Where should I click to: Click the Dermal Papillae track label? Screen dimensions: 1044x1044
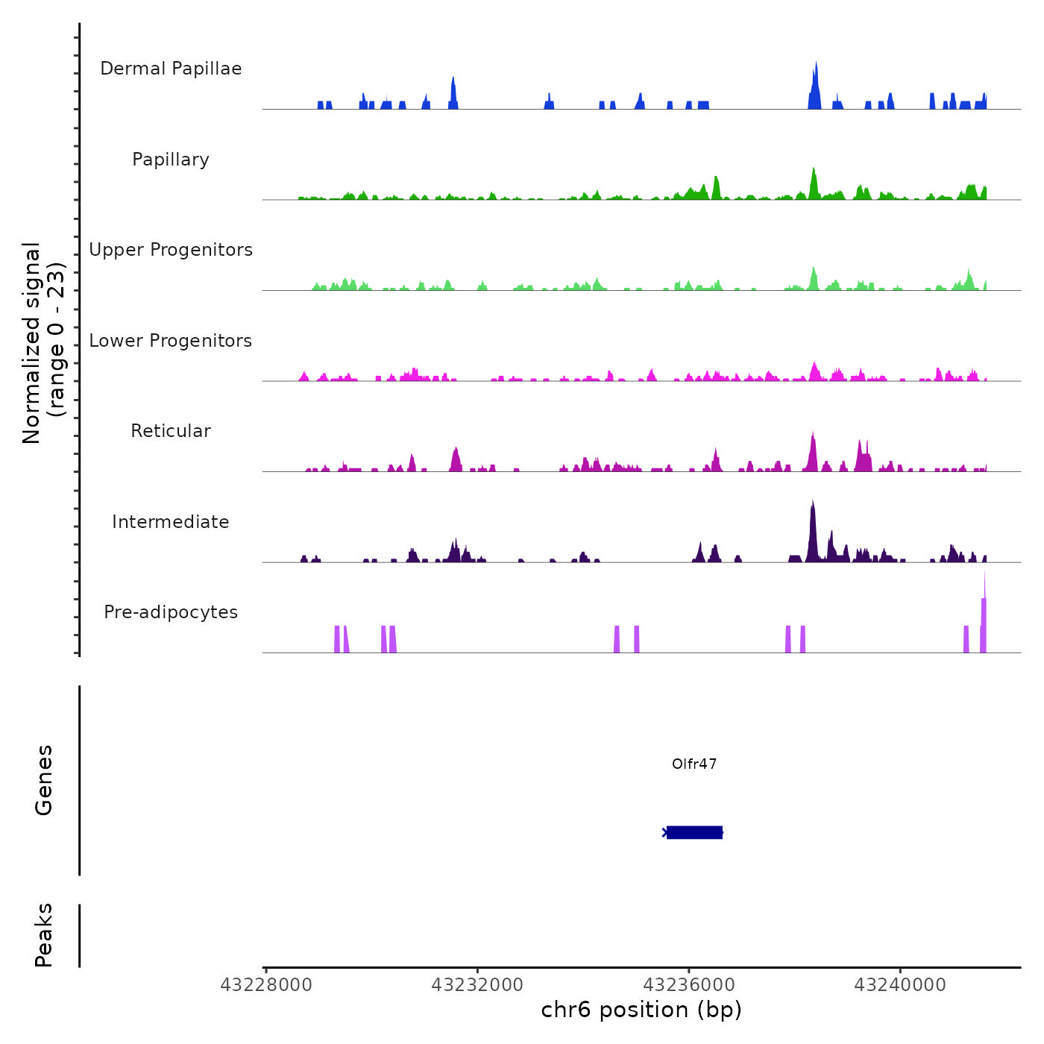[171, 69]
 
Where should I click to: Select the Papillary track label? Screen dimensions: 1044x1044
[171, 160]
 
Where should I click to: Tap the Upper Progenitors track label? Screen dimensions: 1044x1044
[171, 250]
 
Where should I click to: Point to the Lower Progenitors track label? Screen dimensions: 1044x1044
[171, 341]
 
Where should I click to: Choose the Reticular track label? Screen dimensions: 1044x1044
[171, 431]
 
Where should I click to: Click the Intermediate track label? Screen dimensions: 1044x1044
[171, 522]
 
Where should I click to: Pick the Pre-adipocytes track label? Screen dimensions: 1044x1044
[171, 612]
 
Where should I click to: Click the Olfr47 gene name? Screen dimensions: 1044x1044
[694, 764]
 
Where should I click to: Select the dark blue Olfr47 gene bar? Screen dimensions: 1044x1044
[694, 832]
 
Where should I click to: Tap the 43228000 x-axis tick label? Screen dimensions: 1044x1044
[266, 985]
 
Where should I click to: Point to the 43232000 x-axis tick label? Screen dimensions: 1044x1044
[477, 985]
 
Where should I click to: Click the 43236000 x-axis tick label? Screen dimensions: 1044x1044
[689, 985]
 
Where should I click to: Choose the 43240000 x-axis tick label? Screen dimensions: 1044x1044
[900, 985]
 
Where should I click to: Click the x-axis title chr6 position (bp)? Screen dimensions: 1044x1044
[641, 1010]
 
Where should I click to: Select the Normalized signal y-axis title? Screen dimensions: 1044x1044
[43, 343]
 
